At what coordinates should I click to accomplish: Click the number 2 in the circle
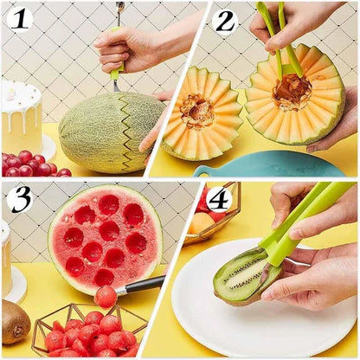[x=225, y=21]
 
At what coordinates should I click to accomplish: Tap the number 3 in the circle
[x=19, y=198]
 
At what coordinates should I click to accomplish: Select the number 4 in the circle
[x=219, y=199]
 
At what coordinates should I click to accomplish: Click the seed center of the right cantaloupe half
[x=292, y=92]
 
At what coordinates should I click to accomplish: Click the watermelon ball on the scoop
[x=106, y=296]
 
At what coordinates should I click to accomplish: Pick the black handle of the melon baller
[x=142, y=284]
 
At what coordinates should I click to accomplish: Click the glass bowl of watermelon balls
[x=87, y=333]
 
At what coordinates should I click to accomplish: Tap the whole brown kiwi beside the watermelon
[x=15, y=321]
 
